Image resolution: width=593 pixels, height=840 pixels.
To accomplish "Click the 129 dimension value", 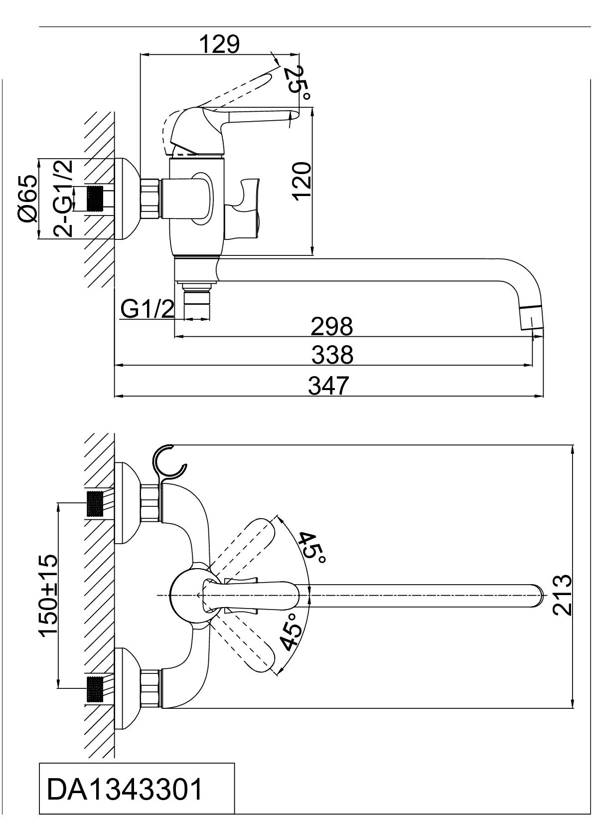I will pyautogui.click(x=219, y=44).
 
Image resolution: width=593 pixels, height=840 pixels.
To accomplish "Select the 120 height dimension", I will pyautogui.click(x=302, y=181).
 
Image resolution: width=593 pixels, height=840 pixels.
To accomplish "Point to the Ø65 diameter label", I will pyautogui.click(x=27, y=199).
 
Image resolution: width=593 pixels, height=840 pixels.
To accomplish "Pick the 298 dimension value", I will pyautogui.click(x=331, y=327).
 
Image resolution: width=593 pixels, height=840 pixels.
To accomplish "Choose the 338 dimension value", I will pyautogui.click(x=332, y=355).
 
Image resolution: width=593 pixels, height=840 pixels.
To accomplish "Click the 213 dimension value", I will pyautogui.click(x=561, y=595).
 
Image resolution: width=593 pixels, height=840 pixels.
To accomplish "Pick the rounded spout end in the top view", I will pyautogui.click(x=536, y=595).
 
